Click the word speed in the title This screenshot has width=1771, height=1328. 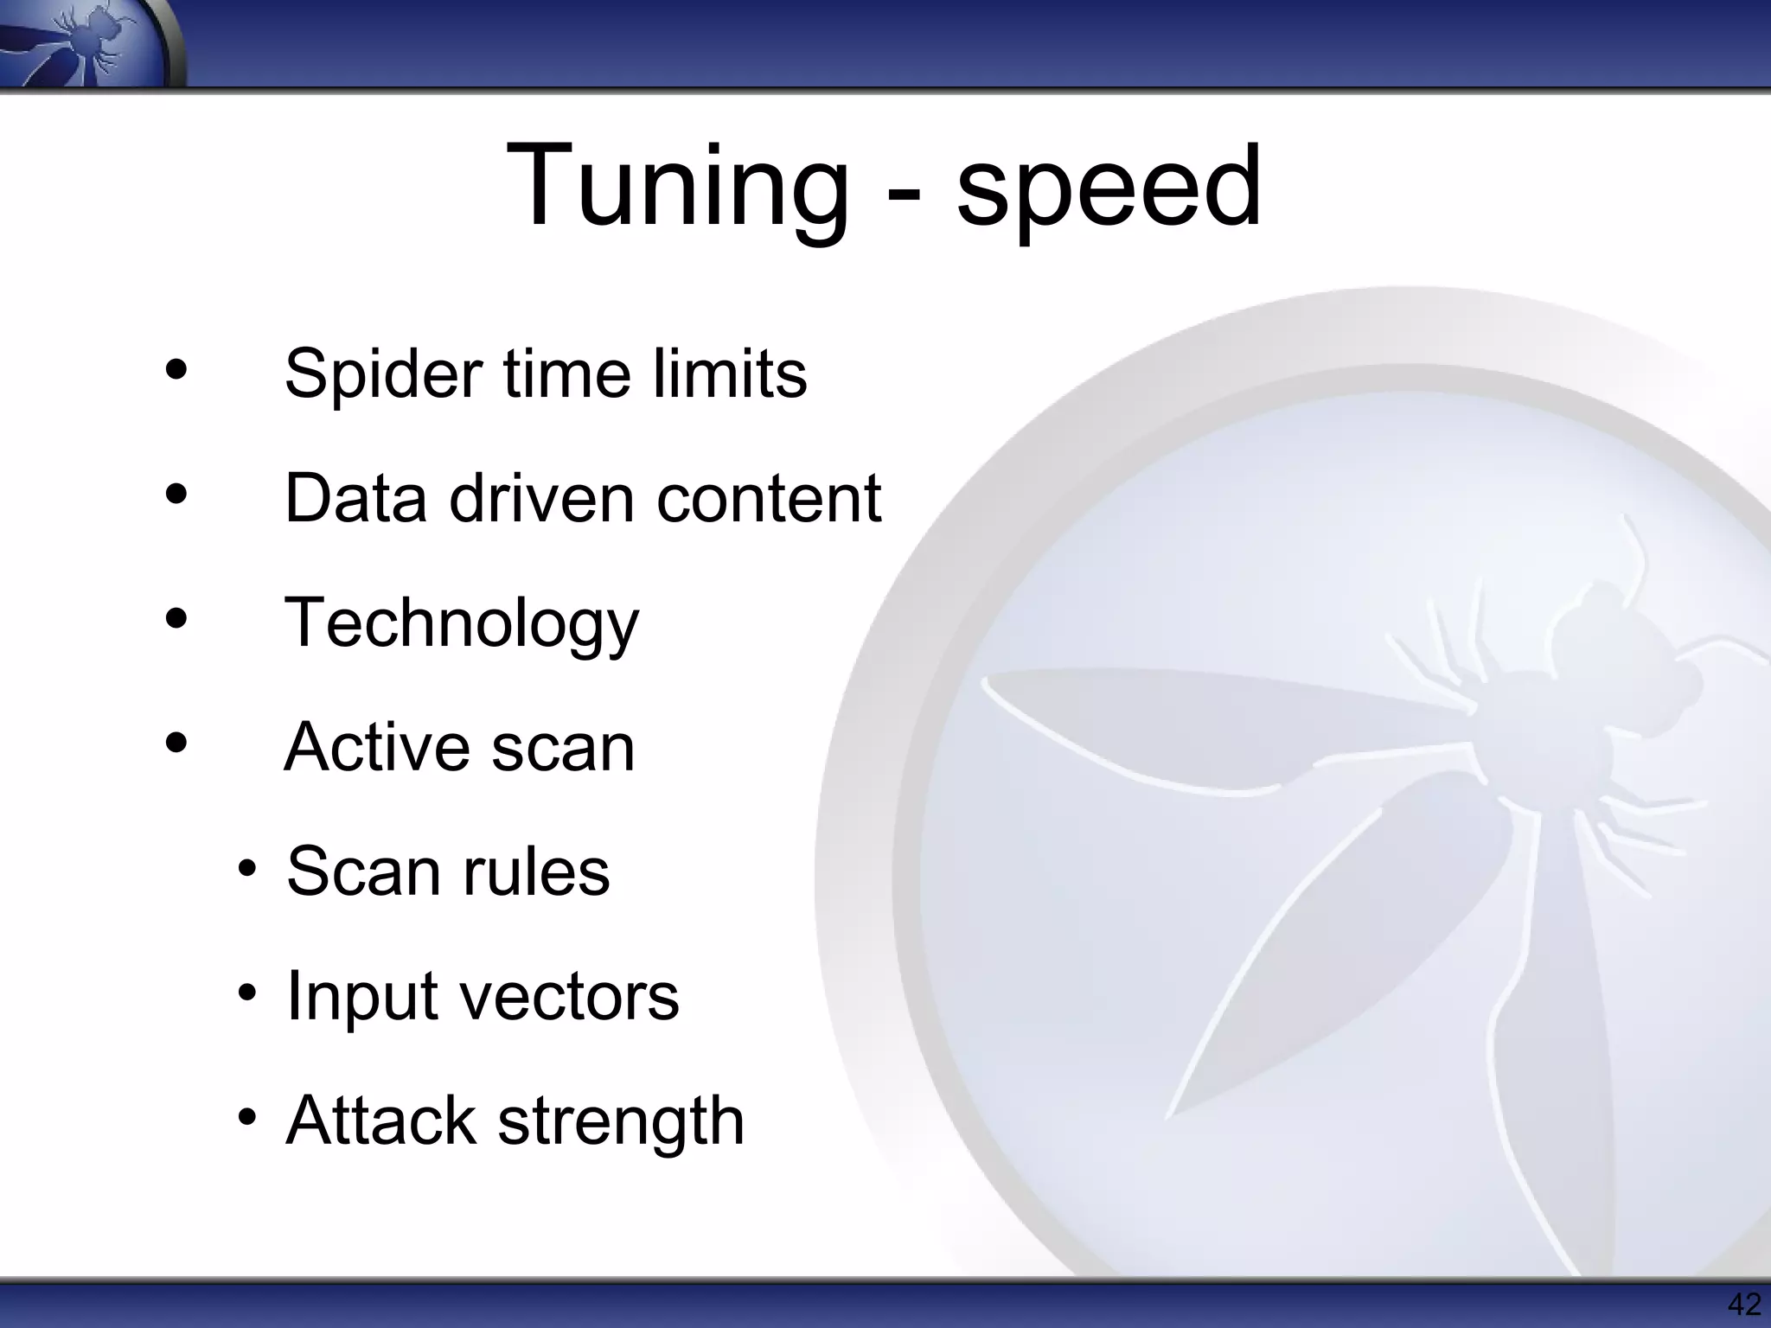[x=1109, y=187]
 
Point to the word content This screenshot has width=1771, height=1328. [x=769, y=499]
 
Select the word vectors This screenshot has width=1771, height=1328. [x=570, y=996]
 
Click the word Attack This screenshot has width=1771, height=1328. [x=381, y=1120]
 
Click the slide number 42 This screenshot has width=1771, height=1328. [x=1743, y=1305]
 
